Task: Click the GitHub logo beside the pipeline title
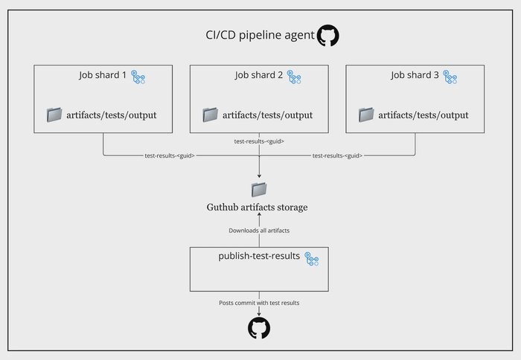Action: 327,35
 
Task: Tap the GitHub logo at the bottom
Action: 258,328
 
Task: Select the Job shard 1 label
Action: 103,75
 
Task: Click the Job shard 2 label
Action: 259,75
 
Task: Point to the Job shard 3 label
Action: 415,75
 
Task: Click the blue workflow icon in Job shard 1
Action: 139,77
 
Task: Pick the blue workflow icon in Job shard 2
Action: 295,77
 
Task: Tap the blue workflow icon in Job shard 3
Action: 451,77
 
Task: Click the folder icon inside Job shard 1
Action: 54,115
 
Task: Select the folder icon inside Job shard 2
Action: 211,115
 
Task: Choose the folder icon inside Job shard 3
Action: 366,115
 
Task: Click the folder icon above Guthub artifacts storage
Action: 258,189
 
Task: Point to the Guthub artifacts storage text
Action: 257,207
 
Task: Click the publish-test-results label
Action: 258,257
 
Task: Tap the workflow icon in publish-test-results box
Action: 311,260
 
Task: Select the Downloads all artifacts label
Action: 259,231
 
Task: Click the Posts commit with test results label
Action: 259,303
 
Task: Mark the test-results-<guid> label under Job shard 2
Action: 259,141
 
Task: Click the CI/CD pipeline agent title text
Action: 258,35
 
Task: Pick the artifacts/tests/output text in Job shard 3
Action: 423,115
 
